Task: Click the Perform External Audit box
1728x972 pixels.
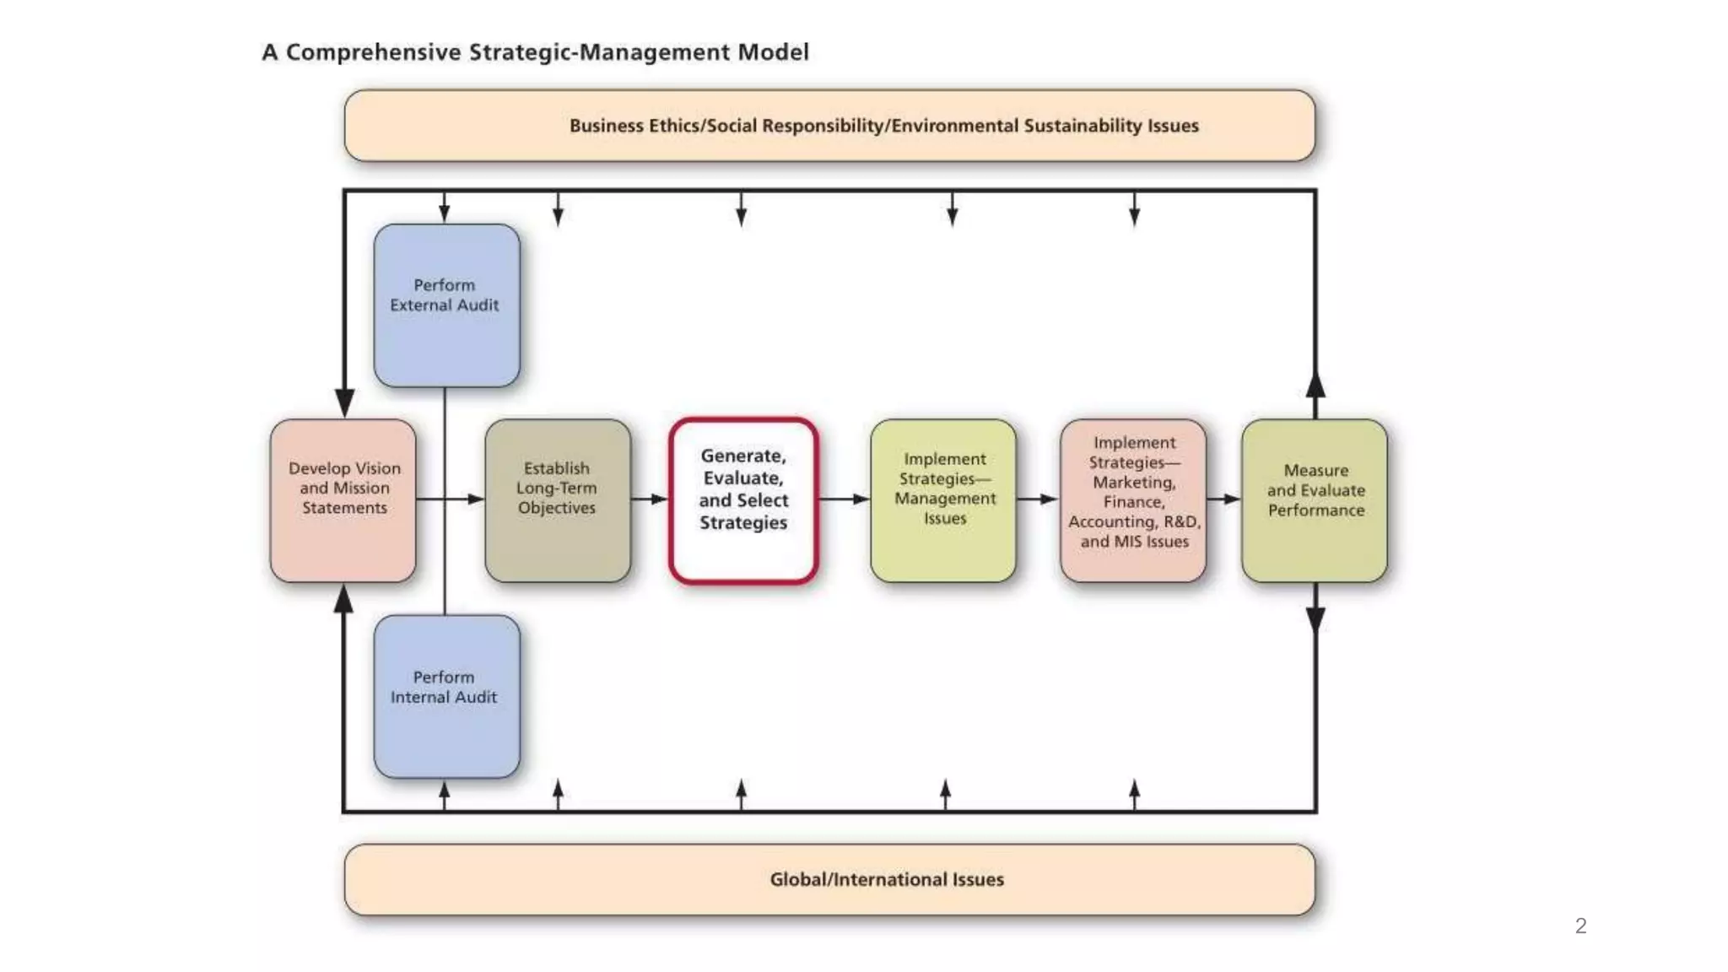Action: pos(446,305)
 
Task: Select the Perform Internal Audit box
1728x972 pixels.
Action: pos(446,696)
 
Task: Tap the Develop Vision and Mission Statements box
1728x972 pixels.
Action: pos(343,499)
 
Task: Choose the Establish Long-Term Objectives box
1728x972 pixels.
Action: pos(557,499)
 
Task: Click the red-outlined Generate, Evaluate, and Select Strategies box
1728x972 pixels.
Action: pos(743,499)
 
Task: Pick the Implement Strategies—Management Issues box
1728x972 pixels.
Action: pos(943,499)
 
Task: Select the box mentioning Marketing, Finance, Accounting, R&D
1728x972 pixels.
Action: pos(1133,499)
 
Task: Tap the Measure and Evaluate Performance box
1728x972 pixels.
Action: pos(1315,499)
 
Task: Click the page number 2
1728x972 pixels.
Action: pos(1580,926)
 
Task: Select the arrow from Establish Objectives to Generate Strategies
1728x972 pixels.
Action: pos(651,499)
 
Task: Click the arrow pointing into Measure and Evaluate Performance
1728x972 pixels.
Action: pos(1224,499)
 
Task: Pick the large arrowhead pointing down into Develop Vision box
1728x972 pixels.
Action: pos(344,402)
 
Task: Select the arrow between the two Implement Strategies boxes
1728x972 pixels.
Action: pos(1039,499)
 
